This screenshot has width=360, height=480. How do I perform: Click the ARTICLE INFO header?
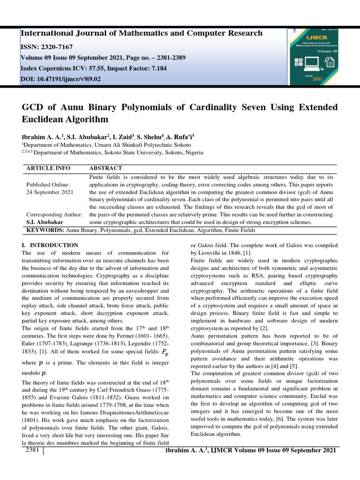(48, 168)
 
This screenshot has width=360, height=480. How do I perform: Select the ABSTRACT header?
(105, 168)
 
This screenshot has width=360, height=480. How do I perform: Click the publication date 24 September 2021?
(50, 193)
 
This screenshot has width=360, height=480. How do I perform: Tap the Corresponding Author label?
(54, 214)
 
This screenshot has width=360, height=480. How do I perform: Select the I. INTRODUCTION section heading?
(50, 245)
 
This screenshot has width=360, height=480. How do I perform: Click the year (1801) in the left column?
(31, 404)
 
